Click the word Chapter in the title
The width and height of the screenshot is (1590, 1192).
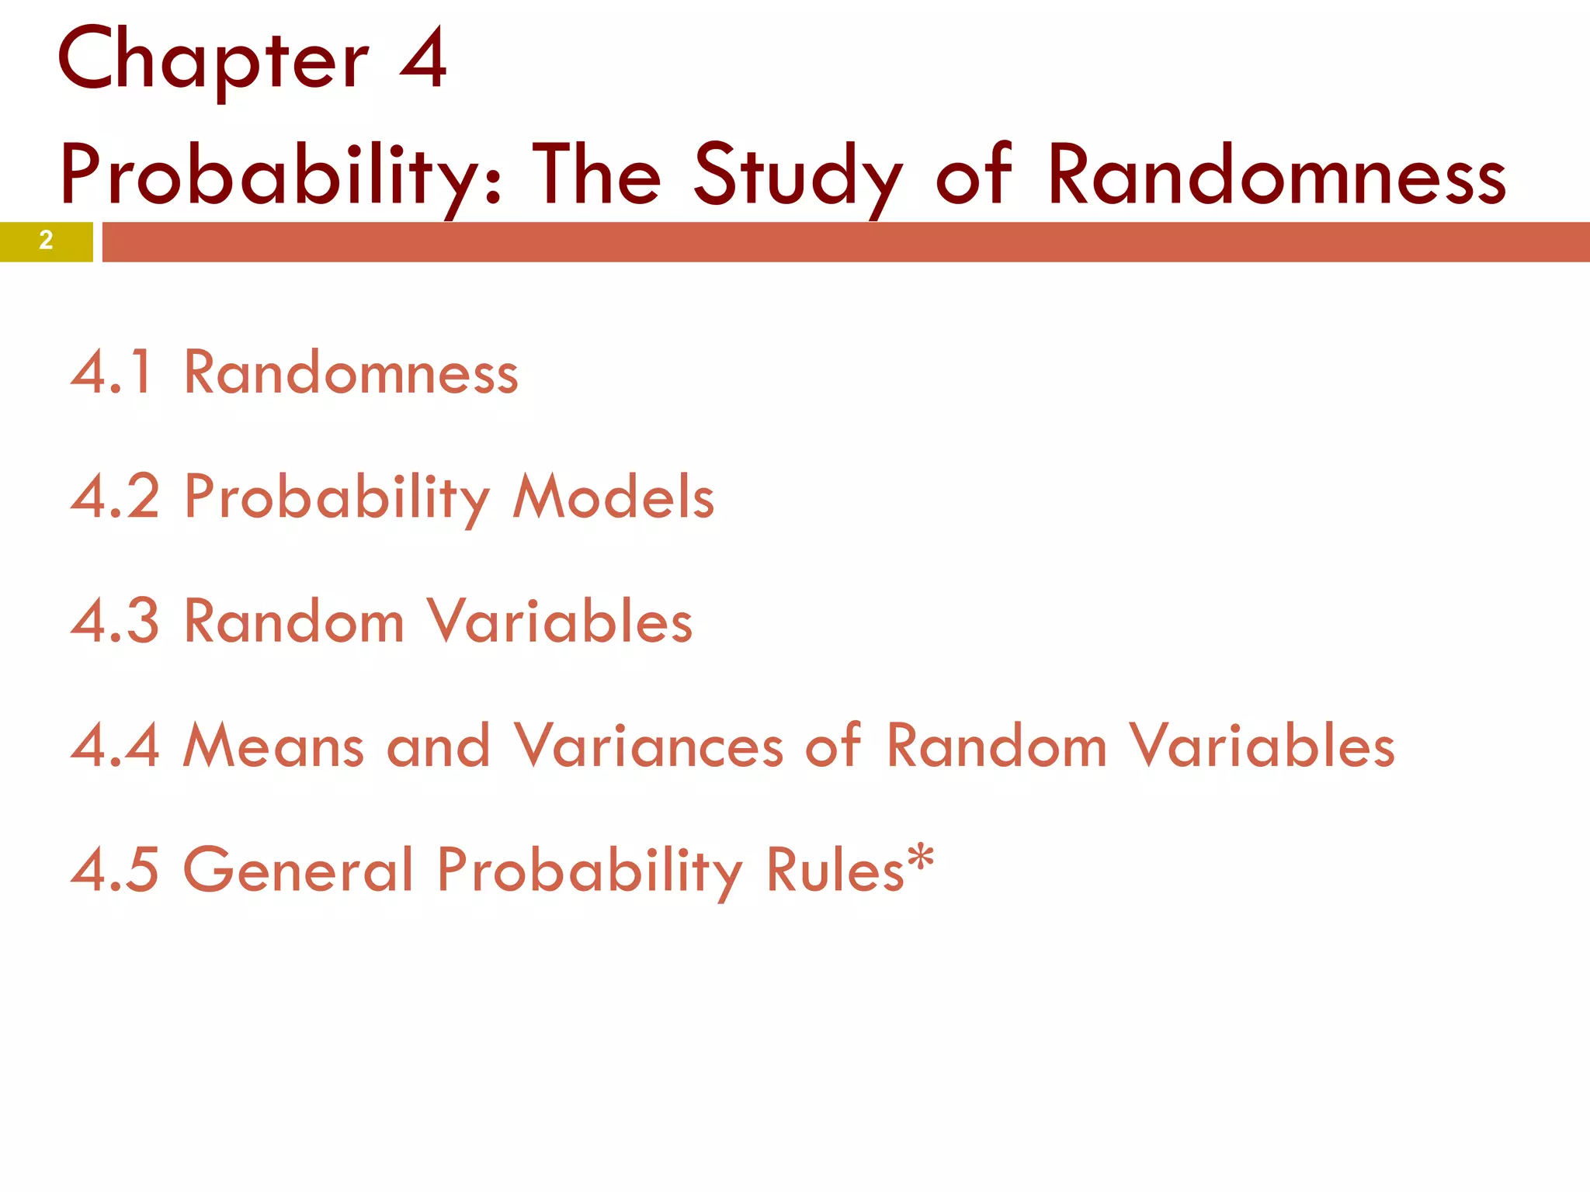[212, 61]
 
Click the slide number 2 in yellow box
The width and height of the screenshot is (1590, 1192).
[46, 241]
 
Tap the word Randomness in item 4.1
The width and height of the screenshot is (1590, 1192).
[351, 373]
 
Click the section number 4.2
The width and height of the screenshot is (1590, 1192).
[115, 497]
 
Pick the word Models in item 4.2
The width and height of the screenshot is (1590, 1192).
[613, 497]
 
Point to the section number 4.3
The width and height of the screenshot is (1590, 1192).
[115, 621]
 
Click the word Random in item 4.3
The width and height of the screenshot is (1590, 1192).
[294, 621]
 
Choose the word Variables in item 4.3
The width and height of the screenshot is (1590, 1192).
[560, 621]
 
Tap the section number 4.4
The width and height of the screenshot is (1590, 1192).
[115, 746]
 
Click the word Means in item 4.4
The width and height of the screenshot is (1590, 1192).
[273, 746]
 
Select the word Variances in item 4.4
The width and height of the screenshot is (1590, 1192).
[648, 746]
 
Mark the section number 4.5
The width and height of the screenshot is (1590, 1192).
[115, 869]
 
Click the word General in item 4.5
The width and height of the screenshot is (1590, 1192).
[298, 869]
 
